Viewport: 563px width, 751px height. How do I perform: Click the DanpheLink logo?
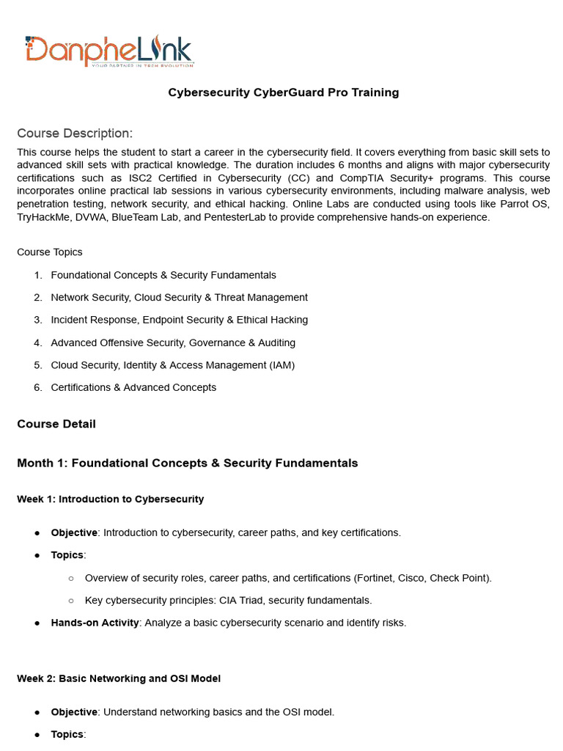pyautogui.click(x=108, y=51)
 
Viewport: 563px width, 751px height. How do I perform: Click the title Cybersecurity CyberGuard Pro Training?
pyautogui.click(x=283, y=92)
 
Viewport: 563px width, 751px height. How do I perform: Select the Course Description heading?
pyautogui.click(x=75, y=133)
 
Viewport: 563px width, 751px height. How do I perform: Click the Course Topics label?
pyautogui.click(x=50, y=252)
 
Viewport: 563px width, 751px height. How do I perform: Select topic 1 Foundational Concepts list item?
pyautogui.click(x=163, y=275)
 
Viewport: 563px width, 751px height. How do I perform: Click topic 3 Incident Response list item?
pyautogui.click(x=179, y=320)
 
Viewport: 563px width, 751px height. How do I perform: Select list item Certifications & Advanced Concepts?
pyautogui.click(x=133, y=387)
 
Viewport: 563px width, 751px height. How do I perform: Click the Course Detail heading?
pyautogui.click(x=56, y=424)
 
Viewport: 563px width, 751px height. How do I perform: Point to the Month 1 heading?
pyautogui.click(x=187, y=463)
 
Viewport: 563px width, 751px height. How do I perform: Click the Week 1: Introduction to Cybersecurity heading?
pyautogui.click(x=110, y=499)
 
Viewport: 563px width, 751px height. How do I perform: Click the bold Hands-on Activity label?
pyautogui.click(x=95, y=623)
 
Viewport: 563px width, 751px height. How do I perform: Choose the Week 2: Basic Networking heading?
pyautogui.click(x=118, y=678)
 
